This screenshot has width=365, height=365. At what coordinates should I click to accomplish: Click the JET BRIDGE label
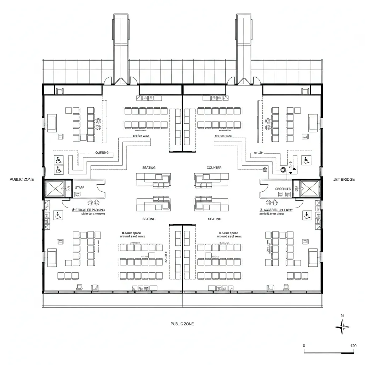(344, 180)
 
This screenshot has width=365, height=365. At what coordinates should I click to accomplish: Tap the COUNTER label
(214, 168)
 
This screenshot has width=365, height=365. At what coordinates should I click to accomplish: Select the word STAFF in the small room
(79, 187)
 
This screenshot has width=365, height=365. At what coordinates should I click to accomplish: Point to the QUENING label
(104, 153)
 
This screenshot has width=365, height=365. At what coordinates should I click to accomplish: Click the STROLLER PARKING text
(90, 210)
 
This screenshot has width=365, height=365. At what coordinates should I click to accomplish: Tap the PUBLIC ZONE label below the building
(182, 324)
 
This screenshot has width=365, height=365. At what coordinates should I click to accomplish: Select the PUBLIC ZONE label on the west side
(22, 180)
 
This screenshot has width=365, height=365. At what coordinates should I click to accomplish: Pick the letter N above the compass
(342, 315)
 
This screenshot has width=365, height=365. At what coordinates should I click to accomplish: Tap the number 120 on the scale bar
(353, 346)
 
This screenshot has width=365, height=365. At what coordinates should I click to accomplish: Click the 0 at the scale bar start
(304, 346)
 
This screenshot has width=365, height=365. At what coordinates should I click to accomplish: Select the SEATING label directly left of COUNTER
(149, 168)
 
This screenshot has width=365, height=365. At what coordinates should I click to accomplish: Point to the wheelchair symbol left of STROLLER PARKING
(57, 215)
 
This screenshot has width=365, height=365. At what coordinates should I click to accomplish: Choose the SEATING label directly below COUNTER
(214, 219)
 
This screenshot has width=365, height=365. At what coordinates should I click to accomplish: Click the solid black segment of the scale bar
(348, 353)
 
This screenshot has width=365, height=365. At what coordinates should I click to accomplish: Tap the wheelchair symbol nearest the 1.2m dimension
(305, 161)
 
